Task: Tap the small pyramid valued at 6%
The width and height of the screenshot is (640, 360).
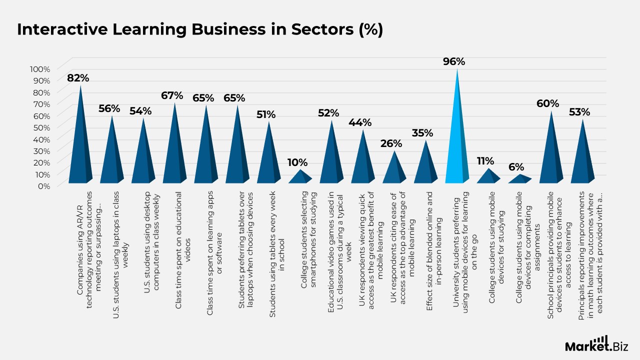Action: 520,178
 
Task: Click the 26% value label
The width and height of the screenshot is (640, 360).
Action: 391,143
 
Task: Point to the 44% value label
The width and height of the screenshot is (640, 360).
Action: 360,122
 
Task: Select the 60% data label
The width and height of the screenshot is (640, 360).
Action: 548,103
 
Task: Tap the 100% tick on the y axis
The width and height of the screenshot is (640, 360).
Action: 40,69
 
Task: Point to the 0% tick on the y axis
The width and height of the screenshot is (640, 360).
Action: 44,185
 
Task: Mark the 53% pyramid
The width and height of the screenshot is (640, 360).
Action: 582,155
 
